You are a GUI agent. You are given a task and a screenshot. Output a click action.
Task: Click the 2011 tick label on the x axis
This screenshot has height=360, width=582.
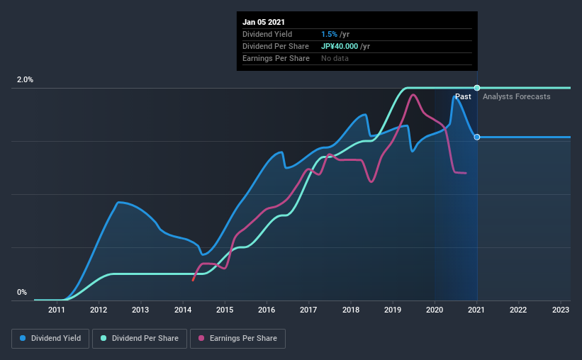57,310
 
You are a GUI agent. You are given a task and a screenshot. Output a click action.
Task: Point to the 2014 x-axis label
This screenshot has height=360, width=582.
183,310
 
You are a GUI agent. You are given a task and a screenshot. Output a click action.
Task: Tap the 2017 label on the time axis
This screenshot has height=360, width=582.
308,310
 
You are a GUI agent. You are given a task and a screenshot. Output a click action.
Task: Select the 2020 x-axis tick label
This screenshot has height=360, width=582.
435,310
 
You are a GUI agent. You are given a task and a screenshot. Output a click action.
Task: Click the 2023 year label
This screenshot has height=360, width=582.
560,310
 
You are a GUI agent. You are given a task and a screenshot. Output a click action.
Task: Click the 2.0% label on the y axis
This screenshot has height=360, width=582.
25,80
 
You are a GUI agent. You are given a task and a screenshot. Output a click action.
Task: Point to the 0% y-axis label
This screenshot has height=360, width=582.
22,292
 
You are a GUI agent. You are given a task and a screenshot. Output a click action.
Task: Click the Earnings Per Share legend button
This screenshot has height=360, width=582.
237,339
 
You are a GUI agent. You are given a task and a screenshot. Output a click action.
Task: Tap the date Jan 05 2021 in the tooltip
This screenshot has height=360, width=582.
263,22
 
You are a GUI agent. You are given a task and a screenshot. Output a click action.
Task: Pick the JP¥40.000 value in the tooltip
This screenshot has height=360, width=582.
345,46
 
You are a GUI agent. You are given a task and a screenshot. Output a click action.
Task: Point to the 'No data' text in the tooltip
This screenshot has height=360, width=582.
335,58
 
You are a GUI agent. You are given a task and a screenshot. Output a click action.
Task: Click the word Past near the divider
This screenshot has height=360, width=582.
463,96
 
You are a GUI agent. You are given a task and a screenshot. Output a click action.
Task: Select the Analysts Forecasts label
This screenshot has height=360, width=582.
516,96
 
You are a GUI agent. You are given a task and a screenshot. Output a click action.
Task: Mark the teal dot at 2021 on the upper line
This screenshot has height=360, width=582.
477,88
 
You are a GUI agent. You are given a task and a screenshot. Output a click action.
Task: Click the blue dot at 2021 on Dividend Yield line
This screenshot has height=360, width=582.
477,137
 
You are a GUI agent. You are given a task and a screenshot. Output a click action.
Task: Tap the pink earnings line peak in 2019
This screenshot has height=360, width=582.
413,95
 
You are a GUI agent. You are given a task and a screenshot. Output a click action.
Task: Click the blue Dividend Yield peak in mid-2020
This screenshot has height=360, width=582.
454,96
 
